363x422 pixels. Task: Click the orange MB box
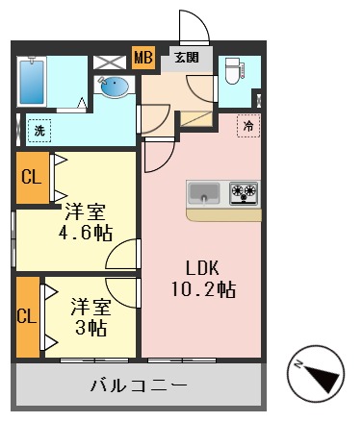[x=143, y=59]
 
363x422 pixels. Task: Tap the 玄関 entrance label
[x=186, y=58]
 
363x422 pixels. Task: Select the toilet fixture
[x=231, y=71]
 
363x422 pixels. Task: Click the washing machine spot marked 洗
[x=39, y=128]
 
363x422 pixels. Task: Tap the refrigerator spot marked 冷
[x=248, y=126]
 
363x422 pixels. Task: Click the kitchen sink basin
[x=205, y=192]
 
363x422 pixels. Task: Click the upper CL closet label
[x=31, y=177]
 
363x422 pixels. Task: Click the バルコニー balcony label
[x=139, y=386]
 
